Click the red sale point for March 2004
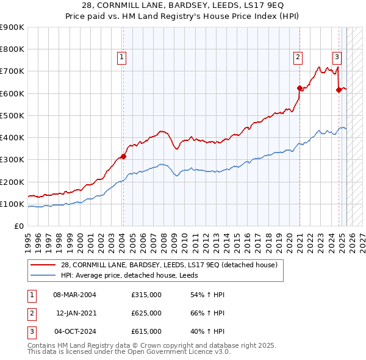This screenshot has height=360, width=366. click(x=123, y=156)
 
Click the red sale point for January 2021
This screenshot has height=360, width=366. click(x=300, y=88)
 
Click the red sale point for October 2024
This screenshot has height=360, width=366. click(x=339, y=90)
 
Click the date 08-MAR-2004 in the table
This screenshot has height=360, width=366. click(x=75, y=295)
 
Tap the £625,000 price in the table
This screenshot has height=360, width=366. click(x=146, y=313)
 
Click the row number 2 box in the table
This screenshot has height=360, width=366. click(x=30, y=313)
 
